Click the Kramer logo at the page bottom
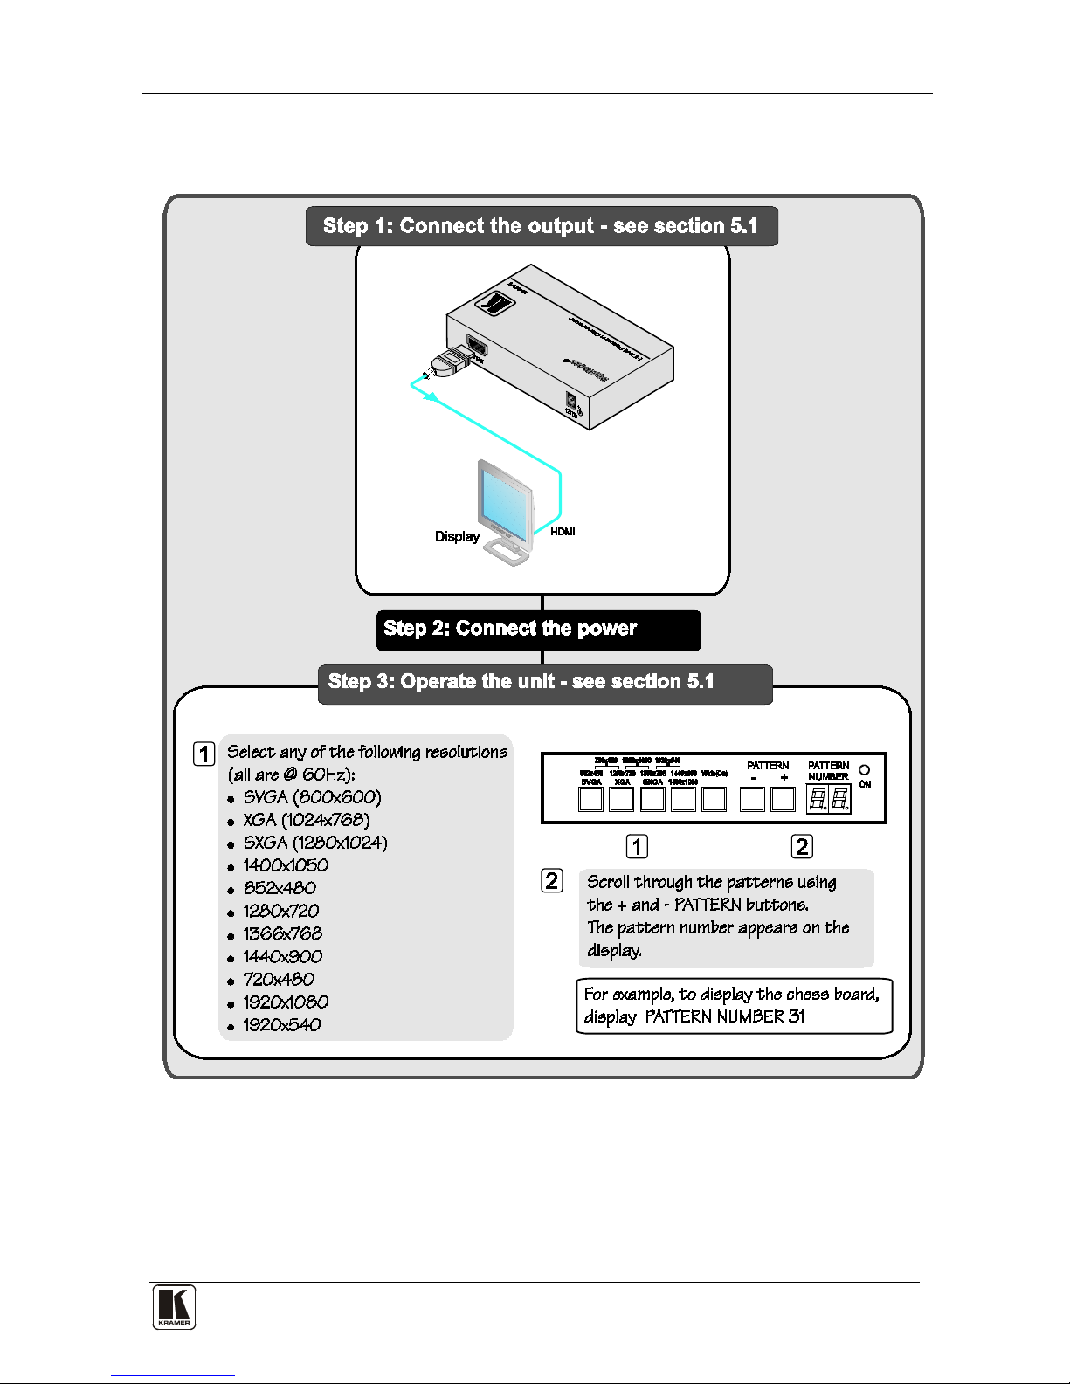pos(174,1307)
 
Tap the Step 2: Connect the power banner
pos(538,630)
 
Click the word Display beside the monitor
pos(457,536)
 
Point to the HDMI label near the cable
pos(563,532)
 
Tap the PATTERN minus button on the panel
pos(752,799)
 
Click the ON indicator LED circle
pos(865,770)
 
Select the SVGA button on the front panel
pos(591,799)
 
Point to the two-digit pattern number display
pos(828,799)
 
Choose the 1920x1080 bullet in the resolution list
pos(286,1002)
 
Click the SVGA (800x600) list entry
pos(312,797)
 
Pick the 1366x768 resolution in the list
pos(282,934)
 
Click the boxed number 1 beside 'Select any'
pos(204,754)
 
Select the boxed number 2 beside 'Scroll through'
pos(552,880)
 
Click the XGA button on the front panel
pos(622,799)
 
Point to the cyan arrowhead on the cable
pos(429,396)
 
